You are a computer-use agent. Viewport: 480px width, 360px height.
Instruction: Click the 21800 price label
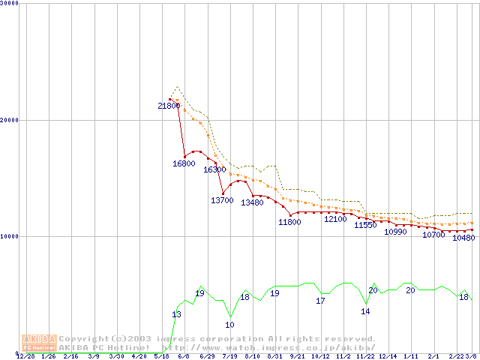(169, 106)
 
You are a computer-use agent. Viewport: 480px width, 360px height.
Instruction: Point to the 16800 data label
(184, 163)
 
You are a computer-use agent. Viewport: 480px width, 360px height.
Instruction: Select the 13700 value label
(222, 200)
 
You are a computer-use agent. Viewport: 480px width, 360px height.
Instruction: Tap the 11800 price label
(289, 221)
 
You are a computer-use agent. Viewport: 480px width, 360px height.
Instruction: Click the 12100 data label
(335, 219)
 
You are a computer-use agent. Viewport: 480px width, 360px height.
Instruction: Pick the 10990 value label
(395, 232)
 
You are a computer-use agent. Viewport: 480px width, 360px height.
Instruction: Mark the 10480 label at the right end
(464, 238)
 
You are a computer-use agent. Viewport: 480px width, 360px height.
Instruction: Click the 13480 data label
(252, 202)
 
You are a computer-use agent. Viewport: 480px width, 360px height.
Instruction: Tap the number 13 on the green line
(176, 314)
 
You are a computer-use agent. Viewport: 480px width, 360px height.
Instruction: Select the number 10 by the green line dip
(229, 325)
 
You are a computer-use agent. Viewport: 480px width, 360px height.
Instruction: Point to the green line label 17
(320, 301)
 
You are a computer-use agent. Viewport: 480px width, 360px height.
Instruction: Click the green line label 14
(365, 311)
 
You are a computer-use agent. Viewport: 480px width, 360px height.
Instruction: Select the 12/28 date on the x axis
(25, 357)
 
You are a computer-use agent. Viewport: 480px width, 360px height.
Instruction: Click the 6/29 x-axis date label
(207, 357)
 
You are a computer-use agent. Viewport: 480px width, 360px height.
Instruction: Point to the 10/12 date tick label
(320, 357)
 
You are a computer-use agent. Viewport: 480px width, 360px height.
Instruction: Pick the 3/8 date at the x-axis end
(471, 357)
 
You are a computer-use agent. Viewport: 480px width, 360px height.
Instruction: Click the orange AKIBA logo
(39, 343)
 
